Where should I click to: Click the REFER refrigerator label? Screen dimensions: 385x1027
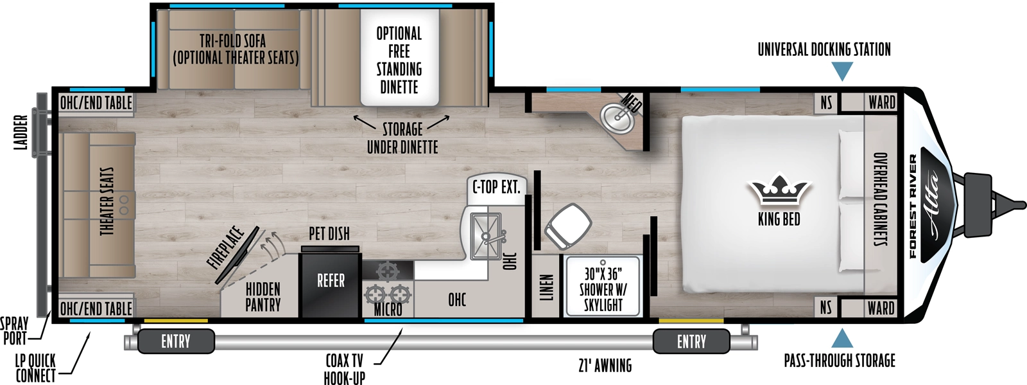(331, 281)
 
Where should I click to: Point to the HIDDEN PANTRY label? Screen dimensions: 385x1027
(263, 297)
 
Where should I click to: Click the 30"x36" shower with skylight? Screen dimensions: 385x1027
(603, 289)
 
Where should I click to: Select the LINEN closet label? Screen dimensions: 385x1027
(546, 287)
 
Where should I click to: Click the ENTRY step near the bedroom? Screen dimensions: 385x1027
(691, 341)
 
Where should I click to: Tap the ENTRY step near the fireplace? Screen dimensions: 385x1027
(175, 341)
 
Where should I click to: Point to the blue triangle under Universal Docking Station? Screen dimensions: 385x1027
(841, 71)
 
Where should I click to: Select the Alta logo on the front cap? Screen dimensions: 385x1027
(933, 204)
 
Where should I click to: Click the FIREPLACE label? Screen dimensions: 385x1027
(226, 248)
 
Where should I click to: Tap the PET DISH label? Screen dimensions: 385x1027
(329, 234)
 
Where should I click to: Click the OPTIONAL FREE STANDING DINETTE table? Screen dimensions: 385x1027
(399, 59)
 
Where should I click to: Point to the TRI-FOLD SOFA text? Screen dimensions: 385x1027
(232, 40)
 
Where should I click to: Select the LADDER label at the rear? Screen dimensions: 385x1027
(21, 133)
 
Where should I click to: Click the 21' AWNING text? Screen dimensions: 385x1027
(605, 366)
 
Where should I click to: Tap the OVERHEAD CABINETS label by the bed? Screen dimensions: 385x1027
(881, 199)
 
